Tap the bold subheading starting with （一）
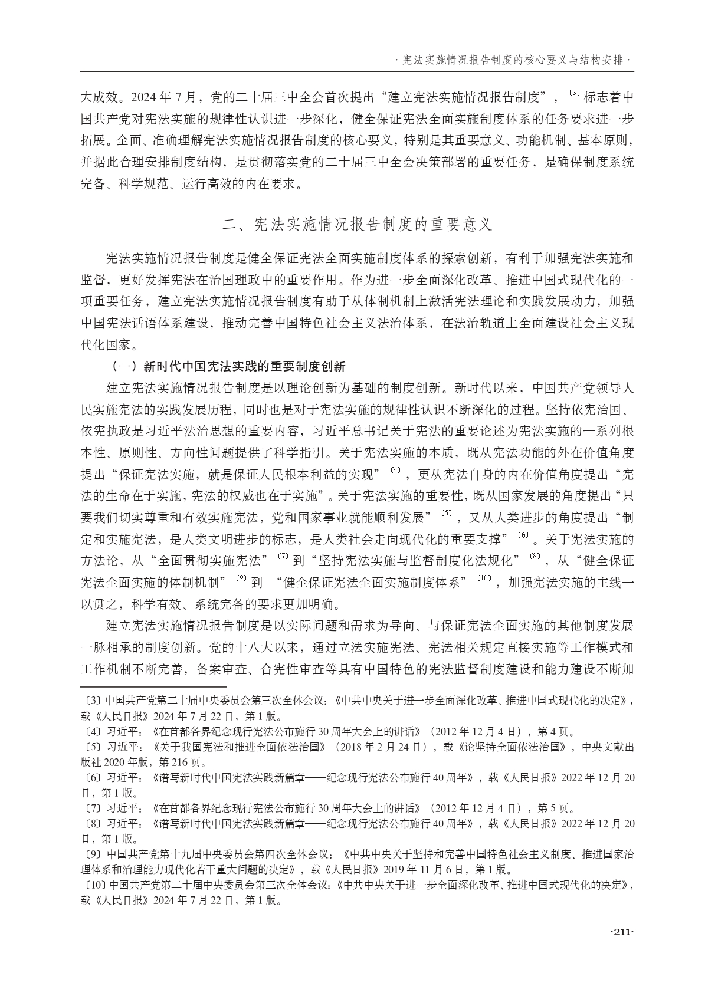point(228,366)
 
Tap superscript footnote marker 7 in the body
point(282,556)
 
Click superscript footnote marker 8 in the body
point(535,556)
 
